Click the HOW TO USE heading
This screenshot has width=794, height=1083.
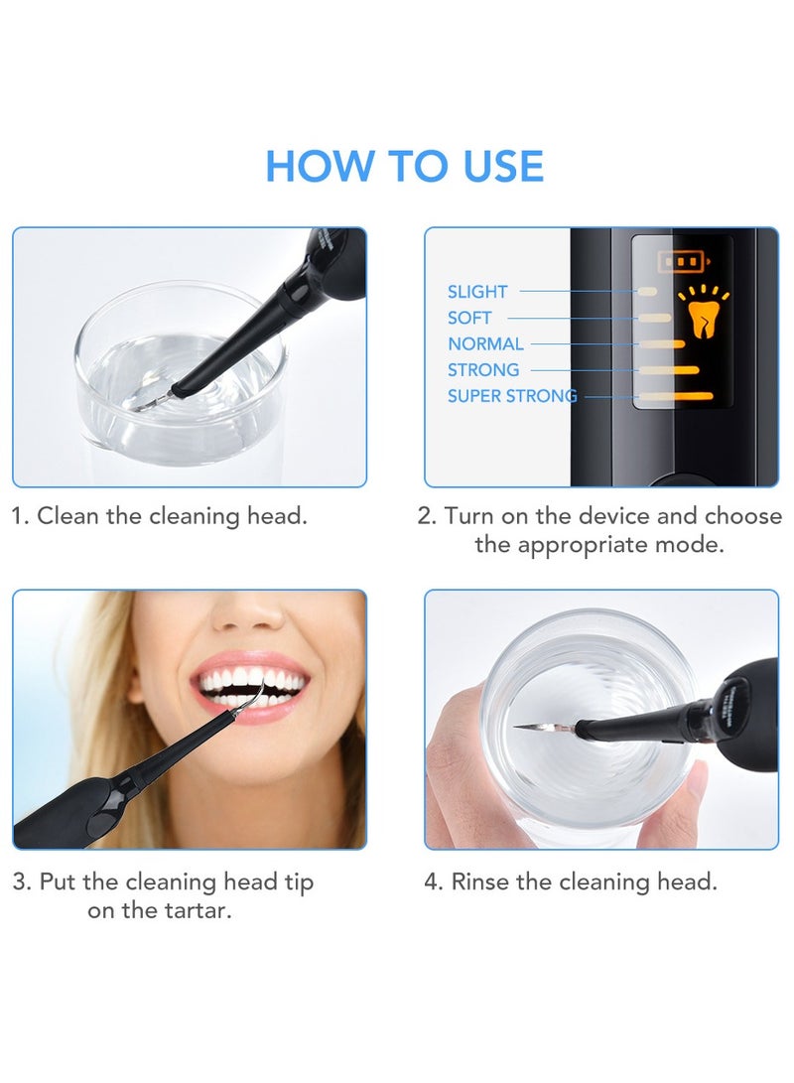(x=404, y=166)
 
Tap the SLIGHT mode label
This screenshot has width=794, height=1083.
(x=477, y=292)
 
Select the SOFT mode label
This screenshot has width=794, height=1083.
(x=469, y=318)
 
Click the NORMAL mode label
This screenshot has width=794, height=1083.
(x=485, y=343)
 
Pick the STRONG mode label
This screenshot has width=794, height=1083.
(x=483, y=369)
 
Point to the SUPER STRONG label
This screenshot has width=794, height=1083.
(x=511, y=396)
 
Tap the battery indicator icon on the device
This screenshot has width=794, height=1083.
(x=681, y=262)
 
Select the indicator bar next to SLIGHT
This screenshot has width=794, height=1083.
(x=647, y=292)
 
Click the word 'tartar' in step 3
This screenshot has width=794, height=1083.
(x=194, y=910)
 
